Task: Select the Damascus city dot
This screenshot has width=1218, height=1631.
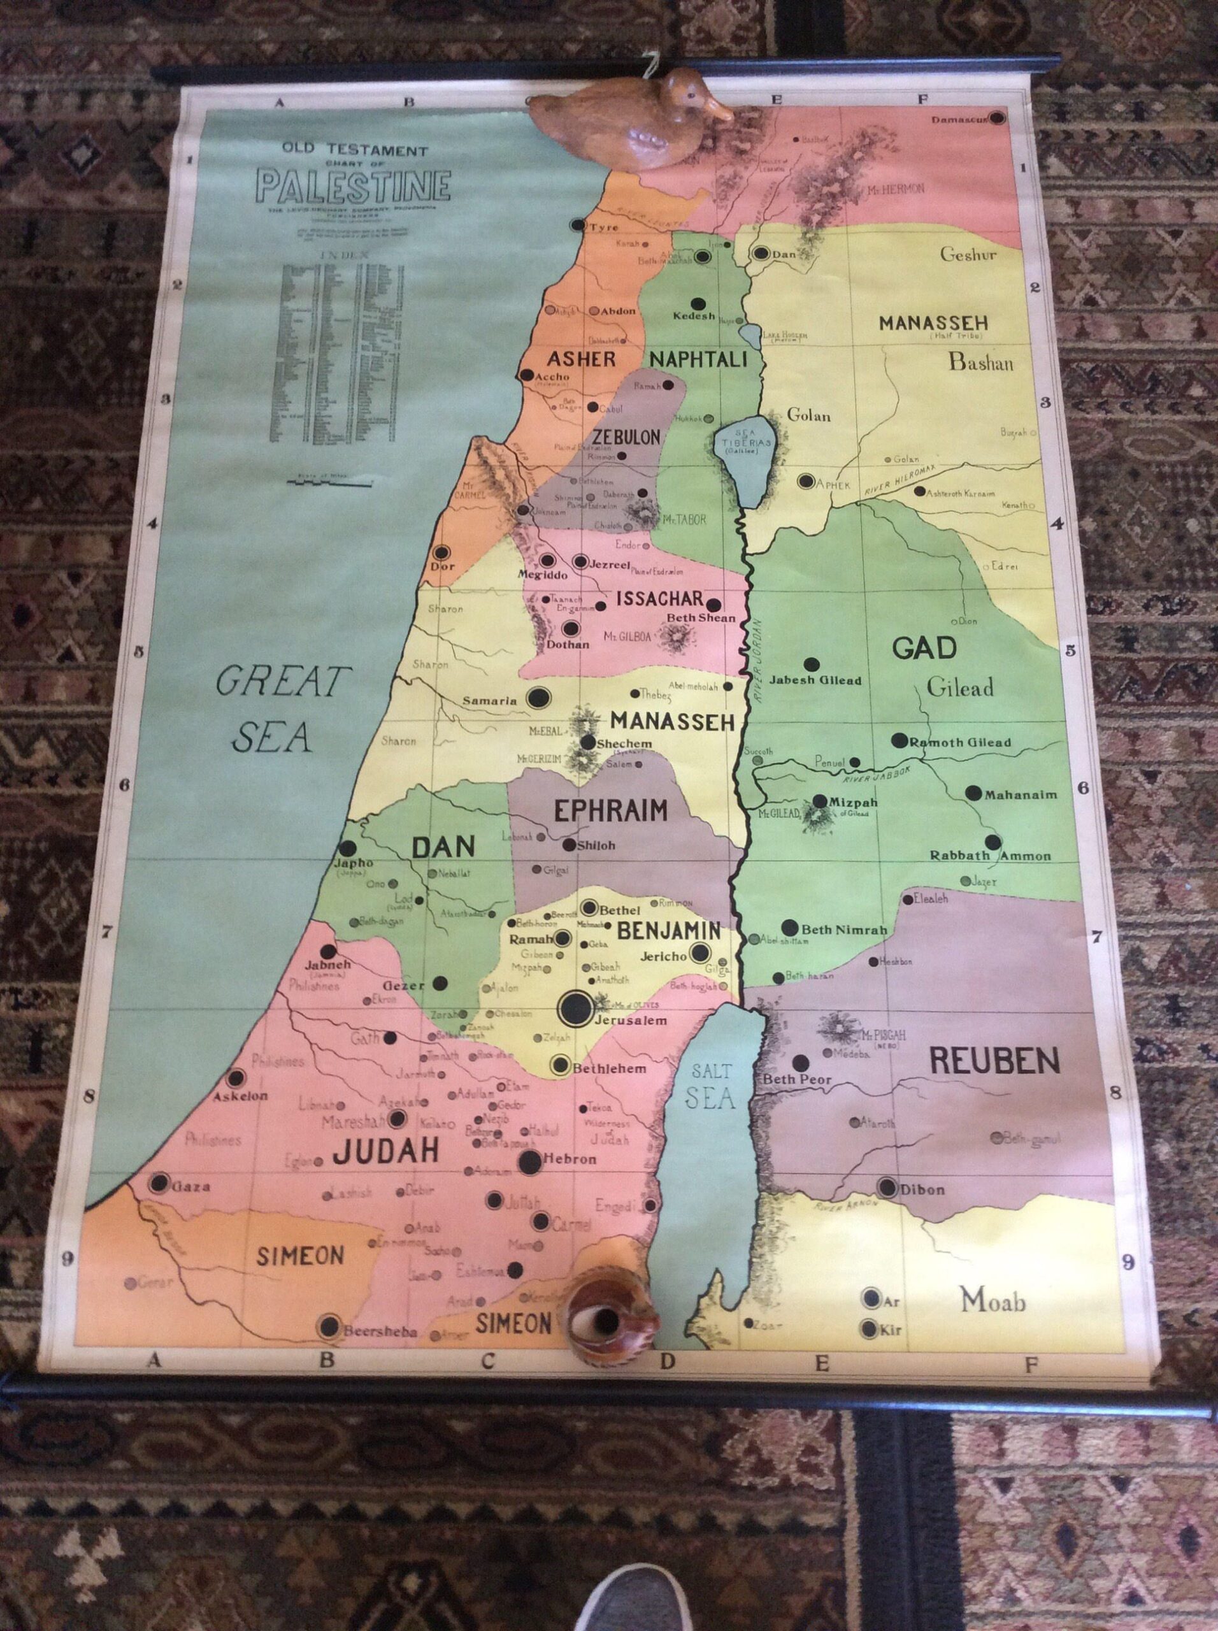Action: click(x=998, y=117)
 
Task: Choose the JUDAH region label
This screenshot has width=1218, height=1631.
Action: click(x=385, y=1151)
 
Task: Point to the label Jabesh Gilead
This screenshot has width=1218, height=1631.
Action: click(x=815, y=680)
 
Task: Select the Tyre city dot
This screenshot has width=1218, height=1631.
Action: click(x=578, y=225)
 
